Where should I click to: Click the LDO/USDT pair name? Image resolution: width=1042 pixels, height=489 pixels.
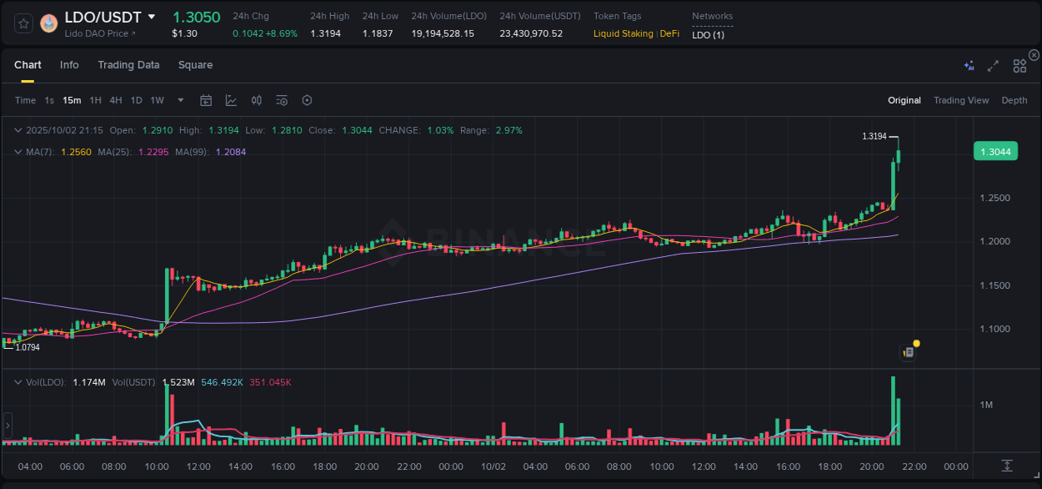[103, 17]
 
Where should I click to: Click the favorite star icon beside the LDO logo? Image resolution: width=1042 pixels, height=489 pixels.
[23, 23]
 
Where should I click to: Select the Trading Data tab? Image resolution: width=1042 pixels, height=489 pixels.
[128, 65]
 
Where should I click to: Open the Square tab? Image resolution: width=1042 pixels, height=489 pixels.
[195, 65]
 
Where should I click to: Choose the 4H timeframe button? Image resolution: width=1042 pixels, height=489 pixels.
[116, 100]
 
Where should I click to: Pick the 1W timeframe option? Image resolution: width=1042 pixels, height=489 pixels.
[157, 100]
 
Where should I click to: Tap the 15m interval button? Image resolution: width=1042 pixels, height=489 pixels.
[72, 100]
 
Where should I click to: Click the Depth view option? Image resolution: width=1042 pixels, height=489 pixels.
[1014, 100]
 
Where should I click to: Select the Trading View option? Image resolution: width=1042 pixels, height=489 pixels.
[960, 100]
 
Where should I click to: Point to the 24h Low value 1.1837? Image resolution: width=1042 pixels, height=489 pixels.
[380, 33]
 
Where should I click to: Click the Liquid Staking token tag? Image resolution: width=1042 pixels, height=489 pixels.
[623, 33]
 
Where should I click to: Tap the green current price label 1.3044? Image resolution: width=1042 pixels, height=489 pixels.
[995, 151]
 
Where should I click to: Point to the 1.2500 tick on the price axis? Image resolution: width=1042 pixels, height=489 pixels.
[995, 199]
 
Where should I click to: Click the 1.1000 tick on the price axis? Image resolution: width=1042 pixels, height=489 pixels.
[995, 329]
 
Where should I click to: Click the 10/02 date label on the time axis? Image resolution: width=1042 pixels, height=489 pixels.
[493, 466]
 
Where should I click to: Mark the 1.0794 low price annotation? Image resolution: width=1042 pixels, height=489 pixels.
[28, 347]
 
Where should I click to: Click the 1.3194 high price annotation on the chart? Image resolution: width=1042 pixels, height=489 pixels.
[874, 136]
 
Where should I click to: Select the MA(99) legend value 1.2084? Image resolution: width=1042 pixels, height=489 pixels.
[230, 152]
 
